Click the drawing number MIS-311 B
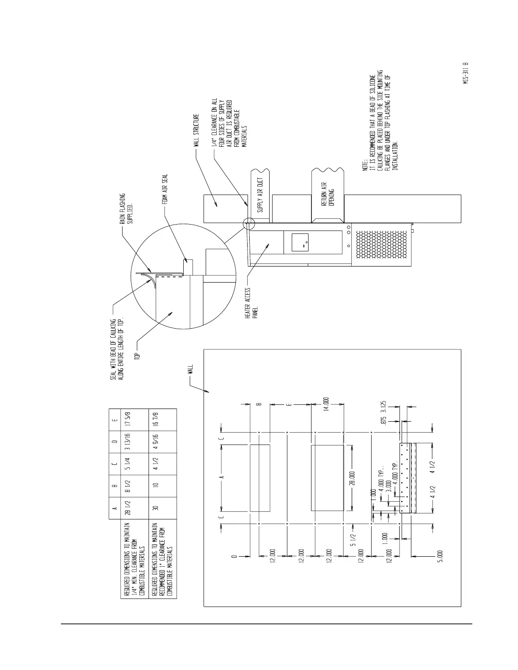point(466,74)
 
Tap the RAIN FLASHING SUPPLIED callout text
point(126,209)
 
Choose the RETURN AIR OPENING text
point(328,195)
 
